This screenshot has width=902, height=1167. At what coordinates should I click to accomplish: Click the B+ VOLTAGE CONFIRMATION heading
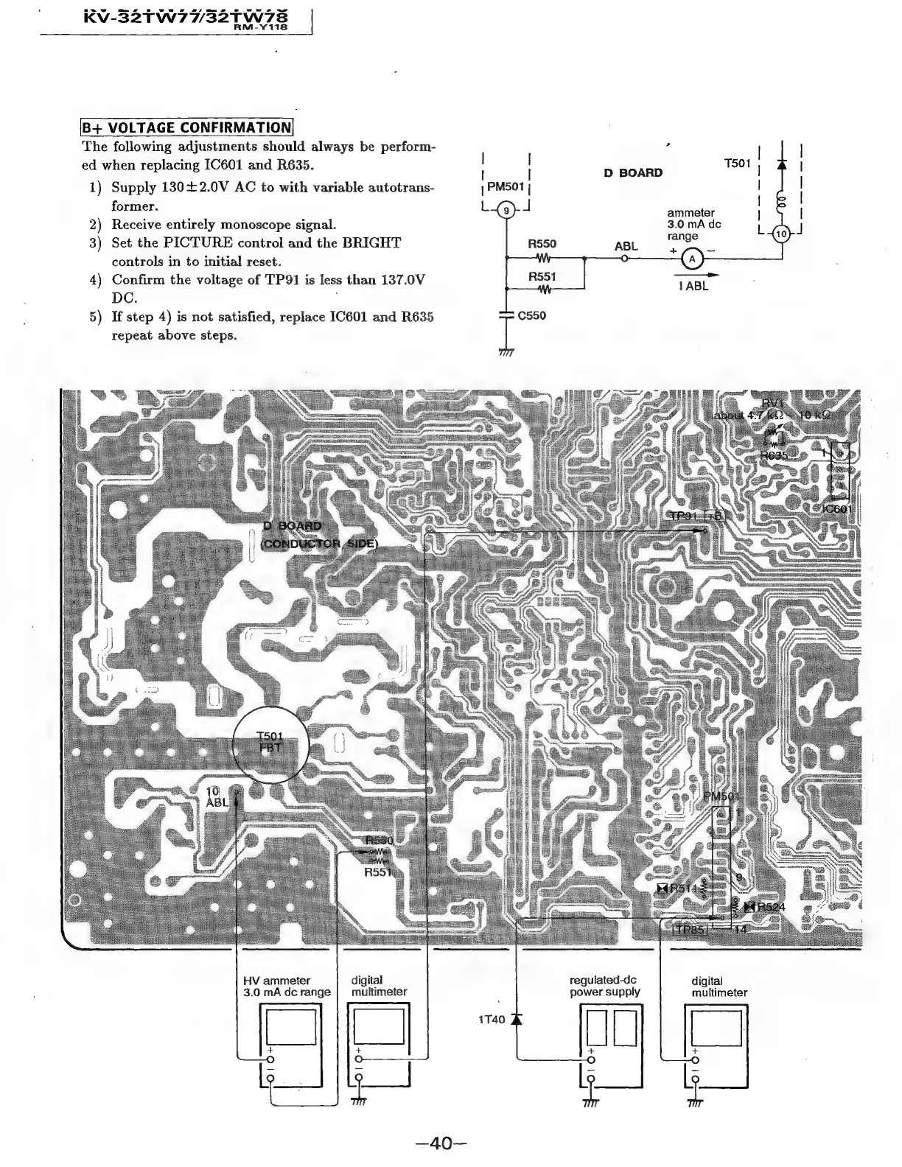187,127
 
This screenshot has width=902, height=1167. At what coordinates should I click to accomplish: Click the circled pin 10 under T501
782,234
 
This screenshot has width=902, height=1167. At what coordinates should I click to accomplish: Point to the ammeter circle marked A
691,259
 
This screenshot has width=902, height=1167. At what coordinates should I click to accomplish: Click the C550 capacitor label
532,315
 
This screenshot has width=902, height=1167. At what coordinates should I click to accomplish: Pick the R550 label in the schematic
542,244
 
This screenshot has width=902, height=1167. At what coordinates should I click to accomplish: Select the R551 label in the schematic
542,277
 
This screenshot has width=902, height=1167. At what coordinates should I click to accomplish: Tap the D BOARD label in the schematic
633,173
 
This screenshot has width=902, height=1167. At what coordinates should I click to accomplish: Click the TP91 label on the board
682,515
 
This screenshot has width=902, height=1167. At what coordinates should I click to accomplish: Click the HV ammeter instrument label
287,986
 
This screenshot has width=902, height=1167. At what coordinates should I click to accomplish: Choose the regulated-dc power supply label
604,986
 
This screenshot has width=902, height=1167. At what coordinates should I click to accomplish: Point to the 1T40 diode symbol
516,1020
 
